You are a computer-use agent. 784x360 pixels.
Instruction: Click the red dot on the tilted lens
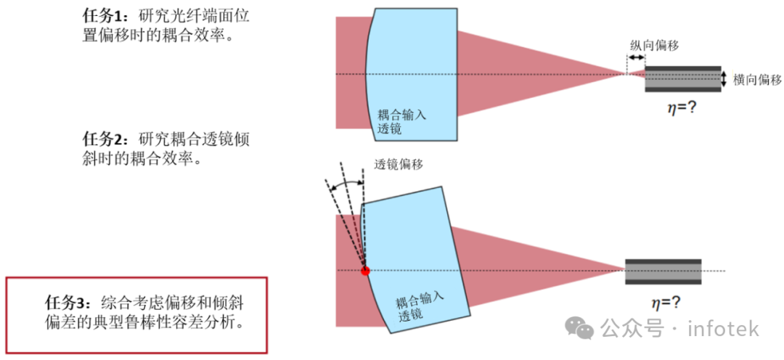tap(365, 271)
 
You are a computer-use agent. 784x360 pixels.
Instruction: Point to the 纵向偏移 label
tap(654, 45)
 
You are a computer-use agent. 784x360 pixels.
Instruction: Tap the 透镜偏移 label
tap(398, 165)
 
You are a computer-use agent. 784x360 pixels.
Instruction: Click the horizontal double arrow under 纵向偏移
tap(636, 59)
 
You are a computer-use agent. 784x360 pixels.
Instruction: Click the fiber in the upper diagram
tap(683, 79)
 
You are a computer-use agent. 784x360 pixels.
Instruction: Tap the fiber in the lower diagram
tap(663, 271)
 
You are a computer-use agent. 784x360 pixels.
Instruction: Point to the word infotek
tap(724, 329)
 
